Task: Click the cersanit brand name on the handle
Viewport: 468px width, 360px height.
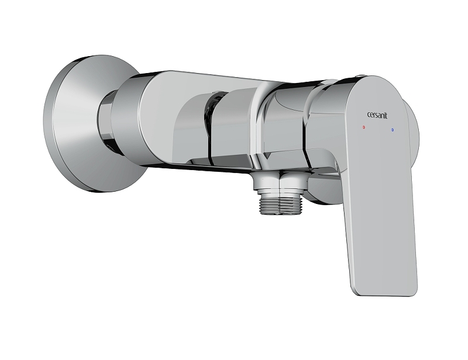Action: pyautogui.click(x=377, y=115)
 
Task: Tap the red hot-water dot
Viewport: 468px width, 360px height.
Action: pyautogui.click(x=363, y=127)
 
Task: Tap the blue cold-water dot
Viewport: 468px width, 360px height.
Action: pyautogui.click(x=392, y=130)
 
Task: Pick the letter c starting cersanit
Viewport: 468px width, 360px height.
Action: pyautogui.click(x=368, y=116)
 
